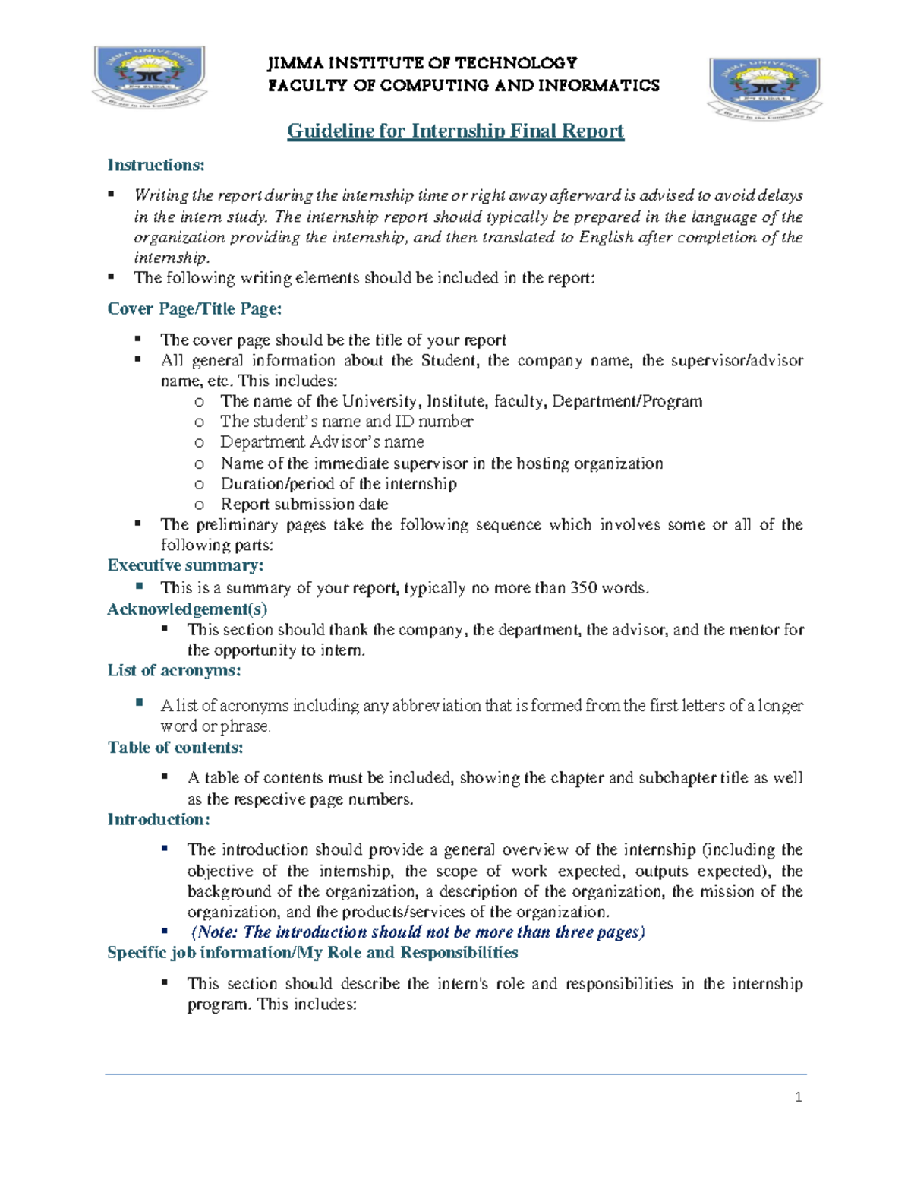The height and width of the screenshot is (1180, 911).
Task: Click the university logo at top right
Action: (x=764, y=88)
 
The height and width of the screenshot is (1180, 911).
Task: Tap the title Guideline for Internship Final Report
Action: (x=455, y=131)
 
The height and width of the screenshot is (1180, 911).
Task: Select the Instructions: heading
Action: (x=156, y=165)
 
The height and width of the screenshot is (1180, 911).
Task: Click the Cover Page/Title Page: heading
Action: (x=194, y=308)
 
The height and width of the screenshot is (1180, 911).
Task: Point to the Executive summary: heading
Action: (x=185, y=565)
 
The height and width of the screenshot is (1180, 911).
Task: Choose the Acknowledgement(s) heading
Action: (x=187, y=609)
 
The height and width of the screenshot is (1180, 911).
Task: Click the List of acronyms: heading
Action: (x=174, y=670)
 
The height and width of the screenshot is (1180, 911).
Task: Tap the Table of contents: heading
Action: (x=175, y=748)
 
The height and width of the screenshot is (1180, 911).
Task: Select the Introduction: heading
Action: (x=159, y=819)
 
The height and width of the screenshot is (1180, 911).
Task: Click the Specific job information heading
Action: (x=312, y=953)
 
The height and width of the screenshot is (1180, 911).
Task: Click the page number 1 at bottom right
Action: (x=798, y=1097)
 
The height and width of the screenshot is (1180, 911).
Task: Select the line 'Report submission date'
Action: (x=304, y=505)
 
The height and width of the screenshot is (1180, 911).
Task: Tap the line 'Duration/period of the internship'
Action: (x=338, y=484)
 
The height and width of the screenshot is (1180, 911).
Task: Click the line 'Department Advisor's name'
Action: (x=322, y=442)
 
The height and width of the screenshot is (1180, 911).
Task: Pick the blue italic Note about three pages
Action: (x=417, y=932)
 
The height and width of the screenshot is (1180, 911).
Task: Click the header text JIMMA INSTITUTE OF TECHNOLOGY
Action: (x=422, y=63)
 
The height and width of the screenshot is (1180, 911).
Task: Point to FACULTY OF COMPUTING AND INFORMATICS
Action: (x=464, y=85)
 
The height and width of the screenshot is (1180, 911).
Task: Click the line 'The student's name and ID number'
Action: (x=346, y=422)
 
